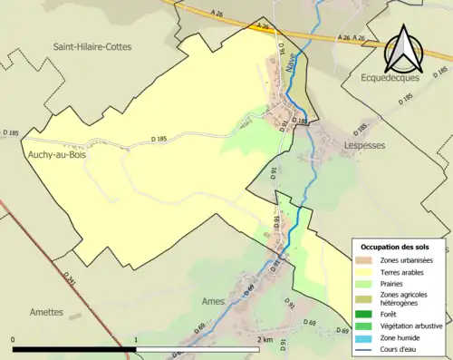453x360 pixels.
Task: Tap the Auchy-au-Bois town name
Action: click(38, 155)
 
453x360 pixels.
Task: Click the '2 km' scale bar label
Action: click(265, 339)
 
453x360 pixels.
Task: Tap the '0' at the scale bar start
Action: click(14, 339)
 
